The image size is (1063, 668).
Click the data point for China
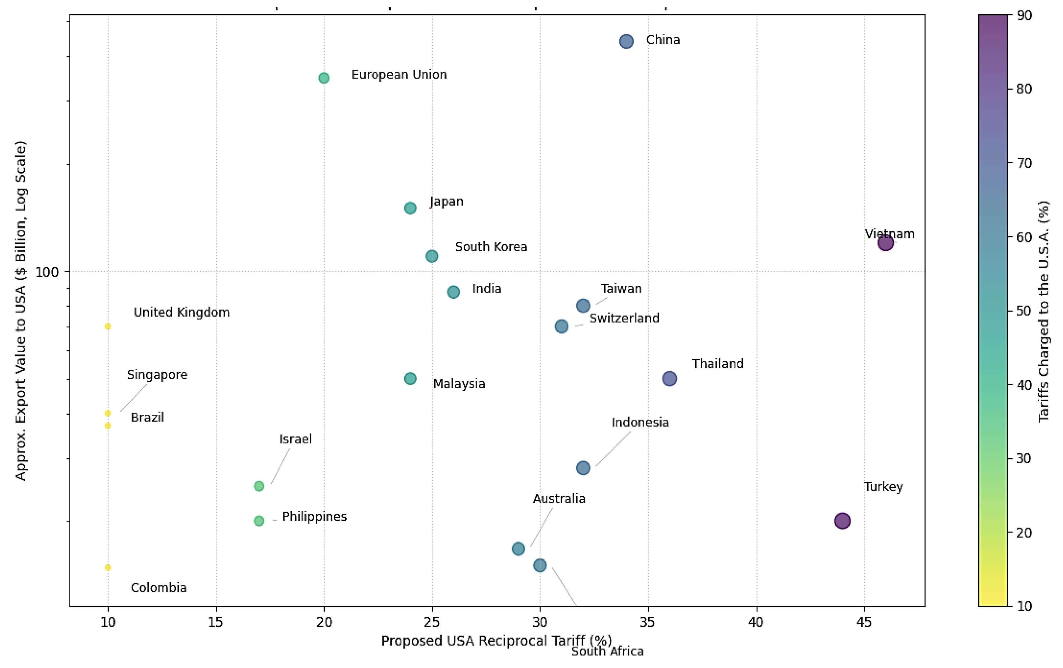tap(626, 42)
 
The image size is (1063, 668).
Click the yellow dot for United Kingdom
tap(108, 327)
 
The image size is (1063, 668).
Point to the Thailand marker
tap(669, 379)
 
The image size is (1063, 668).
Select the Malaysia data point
tap(410, 379)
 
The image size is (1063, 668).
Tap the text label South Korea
tap(491, 247)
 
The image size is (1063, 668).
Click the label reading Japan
tap(446, 202)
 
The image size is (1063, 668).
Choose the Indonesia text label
tap(640, 423)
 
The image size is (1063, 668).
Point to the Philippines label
tap(314, 517)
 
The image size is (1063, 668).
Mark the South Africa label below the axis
tap(607, 652)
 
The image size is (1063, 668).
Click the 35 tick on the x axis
tap(648, 622)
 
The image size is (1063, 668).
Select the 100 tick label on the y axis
tap(47, 272)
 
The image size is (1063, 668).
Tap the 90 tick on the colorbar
tap(1024, 16)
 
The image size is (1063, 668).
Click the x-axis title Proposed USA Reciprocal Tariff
tap(496, 641)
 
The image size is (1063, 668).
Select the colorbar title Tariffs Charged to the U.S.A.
tap(1044, 311)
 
